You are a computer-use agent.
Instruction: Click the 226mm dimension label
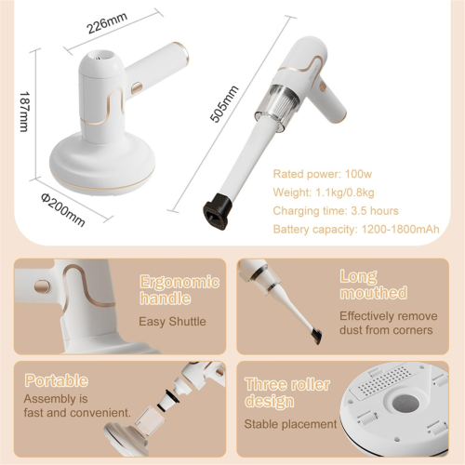pos(107,22)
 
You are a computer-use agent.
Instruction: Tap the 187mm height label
pos(24,112)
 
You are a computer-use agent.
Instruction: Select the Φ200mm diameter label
pos(63,210)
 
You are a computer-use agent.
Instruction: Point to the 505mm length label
pos(224,103)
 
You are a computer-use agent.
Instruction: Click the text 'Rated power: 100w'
pos(323,174)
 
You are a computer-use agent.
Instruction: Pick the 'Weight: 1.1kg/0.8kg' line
pos(324,193)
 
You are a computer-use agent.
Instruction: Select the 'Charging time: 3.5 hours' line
pos(336,211)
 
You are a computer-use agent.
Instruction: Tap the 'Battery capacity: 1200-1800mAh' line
pos(356,230)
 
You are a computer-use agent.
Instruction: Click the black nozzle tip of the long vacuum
pos(218,212)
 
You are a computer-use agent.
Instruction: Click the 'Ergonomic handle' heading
pos(179,289)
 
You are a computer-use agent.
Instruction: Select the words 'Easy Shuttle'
pos(172,322)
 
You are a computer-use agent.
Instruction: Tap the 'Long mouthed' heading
pos(373,285)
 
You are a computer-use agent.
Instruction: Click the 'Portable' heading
pos(57,380)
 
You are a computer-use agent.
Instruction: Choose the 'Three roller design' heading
pos(287,392)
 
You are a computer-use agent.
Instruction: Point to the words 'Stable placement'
pos(290,424)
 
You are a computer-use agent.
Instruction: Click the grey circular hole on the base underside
pos(406,405)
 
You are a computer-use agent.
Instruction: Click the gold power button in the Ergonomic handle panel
pos(42,286)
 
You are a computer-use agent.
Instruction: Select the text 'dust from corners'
pos(386,330)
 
